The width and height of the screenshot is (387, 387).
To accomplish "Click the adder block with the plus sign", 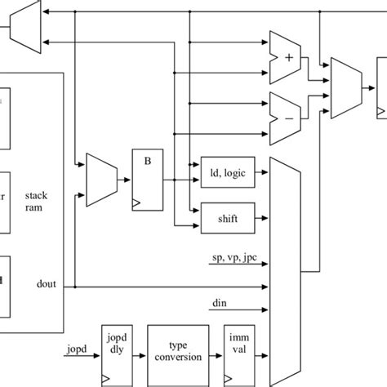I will click(x=287, y=58).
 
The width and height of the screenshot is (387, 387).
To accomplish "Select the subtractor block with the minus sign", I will click(x=287, y=111).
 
